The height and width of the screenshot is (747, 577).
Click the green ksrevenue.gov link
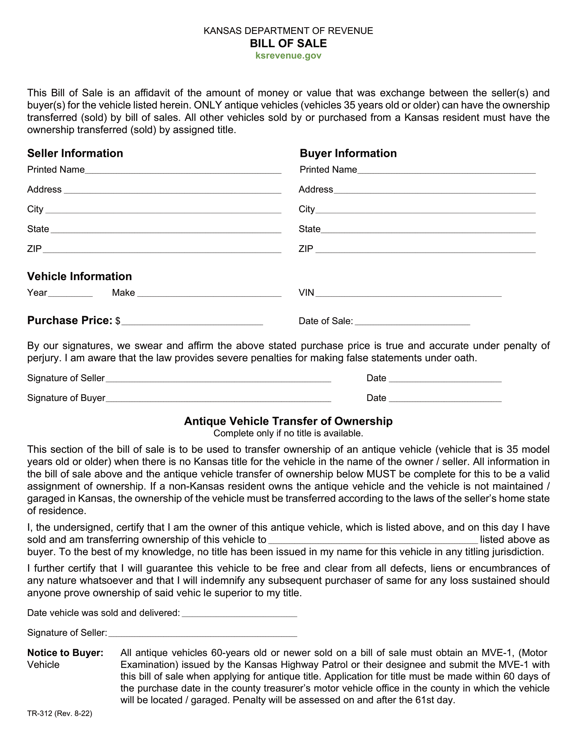click(x=288, y=56)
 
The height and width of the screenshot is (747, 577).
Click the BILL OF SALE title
click(x=288, y=43)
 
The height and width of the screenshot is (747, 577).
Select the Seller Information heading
click(x=75, y=153)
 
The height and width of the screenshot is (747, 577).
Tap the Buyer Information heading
click(x=348, y=153)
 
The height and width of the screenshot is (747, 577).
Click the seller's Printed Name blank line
click(x=183, y=171)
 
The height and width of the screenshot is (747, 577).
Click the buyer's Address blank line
click(x=434, y=191)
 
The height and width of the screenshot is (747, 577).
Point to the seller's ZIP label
click(x=34, y=249)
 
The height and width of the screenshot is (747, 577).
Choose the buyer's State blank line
click(x=428, y=230)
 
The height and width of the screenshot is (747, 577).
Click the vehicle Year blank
click(x=70, y=294)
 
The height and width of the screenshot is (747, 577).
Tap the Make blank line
click(x=209, y=294)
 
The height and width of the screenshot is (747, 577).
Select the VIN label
click(x=306, y=293)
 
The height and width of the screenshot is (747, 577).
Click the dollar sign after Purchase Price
click(x=117, y=321)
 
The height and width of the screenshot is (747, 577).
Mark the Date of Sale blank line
click(x=412, y=322)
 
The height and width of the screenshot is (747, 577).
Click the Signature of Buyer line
click(x=218, y=399)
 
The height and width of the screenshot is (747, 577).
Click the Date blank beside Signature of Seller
click(x=445, y=379)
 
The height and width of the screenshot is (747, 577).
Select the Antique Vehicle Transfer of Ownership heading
click(x=288, y=421)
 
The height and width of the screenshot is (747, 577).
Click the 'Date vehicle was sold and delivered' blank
click(x=239, y=614)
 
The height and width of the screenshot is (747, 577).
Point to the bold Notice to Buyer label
click(x=65, y=653)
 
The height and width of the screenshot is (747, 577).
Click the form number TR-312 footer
click(x=59, y=713)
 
